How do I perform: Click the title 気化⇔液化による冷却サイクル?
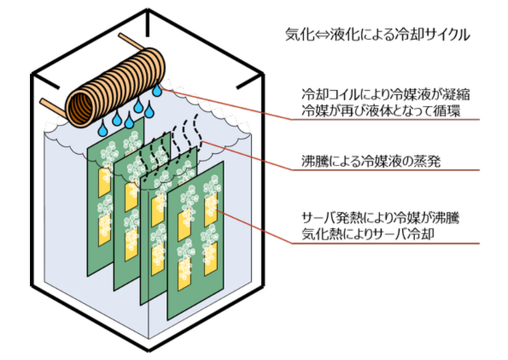tap(377, 34)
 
